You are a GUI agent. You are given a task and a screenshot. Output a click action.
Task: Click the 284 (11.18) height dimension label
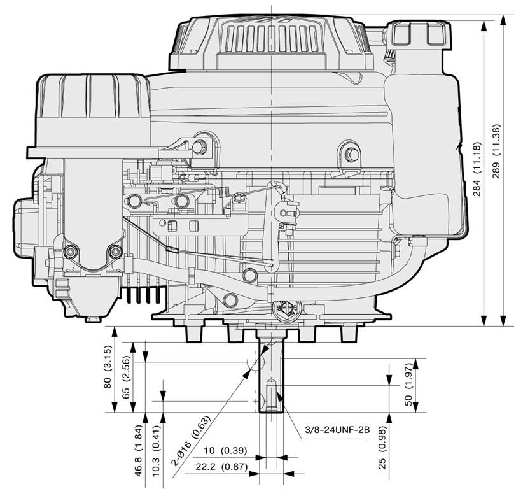[477, 169]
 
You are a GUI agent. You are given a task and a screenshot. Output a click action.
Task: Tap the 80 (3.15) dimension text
[108, 367]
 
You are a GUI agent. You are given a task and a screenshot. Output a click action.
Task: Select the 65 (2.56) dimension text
[126, 377]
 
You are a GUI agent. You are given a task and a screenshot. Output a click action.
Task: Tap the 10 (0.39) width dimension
[225, 451]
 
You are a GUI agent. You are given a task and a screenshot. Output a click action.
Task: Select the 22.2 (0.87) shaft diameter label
[221, 467]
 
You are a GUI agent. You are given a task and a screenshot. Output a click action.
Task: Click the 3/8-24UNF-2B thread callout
[337, 430]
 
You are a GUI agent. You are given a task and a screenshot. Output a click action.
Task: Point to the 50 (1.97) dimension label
[409, 385]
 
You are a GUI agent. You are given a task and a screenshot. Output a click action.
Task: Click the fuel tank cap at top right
[419, 33]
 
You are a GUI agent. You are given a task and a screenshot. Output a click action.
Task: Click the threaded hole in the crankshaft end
[272, 395]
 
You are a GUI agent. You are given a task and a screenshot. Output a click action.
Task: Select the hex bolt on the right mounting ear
[352, 155]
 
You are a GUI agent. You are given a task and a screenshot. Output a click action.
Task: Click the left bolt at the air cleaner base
[70, 251]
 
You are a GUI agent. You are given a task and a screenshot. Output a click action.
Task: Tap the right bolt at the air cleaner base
[116, 251]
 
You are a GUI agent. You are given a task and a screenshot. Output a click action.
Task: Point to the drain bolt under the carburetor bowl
[94, 319]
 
